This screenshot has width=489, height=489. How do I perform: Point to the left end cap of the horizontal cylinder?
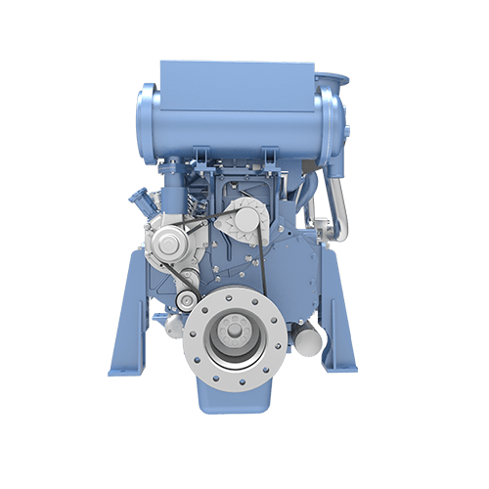tap(148, 116)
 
